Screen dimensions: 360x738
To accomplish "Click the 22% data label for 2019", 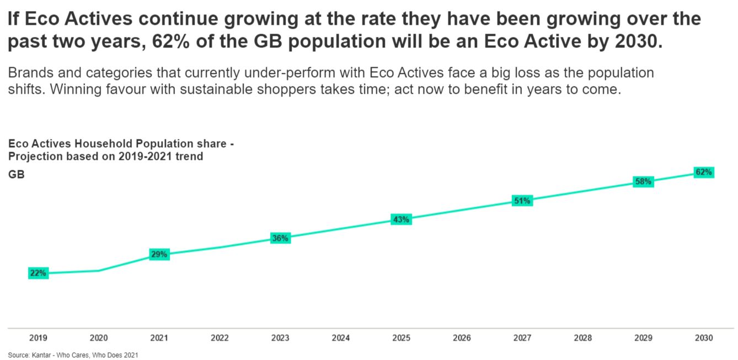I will tap(38, 273).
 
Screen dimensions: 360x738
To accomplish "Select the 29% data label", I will tap(159, 254).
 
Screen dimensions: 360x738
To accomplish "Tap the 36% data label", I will tap(280, 238).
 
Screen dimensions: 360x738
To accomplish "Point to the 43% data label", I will tap(401, 219).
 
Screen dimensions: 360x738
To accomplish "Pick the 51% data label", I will tap(522, 201).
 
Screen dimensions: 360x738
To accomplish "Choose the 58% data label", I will tap(643, 181).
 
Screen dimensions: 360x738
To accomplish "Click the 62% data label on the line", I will tap(704, 172).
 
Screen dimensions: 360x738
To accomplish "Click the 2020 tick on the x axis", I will tap(99, 338).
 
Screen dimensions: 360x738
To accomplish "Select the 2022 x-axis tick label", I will tap(220, 338).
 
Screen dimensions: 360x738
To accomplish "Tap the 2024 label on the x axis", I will tap(341, 338).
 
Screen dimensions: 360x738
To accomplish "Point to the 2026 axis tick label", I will tap(462, 338).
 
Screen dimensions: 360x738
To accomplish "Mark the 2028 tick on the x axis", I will tap(583, 338).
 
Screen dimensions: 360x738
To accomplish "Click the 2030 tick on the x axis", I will tap(704, 338).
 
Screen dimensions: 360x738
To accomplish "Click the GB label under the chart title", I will tap(15, 175).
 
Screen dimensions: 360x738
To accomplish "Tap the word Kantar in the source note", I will tap(42, 355).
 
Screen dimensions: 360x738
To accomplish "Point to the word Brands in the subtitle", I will tap(26, 73).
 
